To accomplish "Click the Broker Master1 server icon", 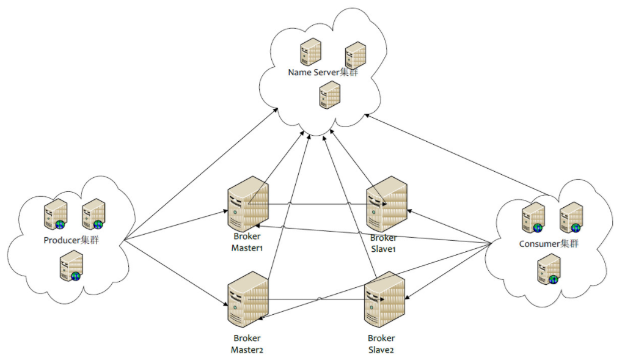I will coord(247,204).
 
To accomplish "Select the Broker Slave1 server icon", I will coord(386,204).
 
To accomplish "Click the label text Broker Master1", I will coord(247,242).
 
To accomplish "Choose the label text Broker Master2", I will coord(247,343).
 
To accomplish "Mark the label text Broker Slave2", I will coord(381,343).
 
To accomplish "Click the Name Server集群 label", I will coord(323,73).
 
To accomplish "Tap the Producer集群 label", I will coord(71,240).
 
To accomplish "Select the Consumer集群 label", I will coord(548,244).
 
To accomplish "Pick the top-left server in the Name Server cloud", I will coord(310,52).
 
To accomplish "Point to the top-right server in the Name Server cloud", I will coord(354,55).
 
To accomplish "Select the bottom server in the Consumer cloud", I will coord(548,271).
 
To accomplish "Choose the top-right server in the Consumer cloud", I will coord(571,218).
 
